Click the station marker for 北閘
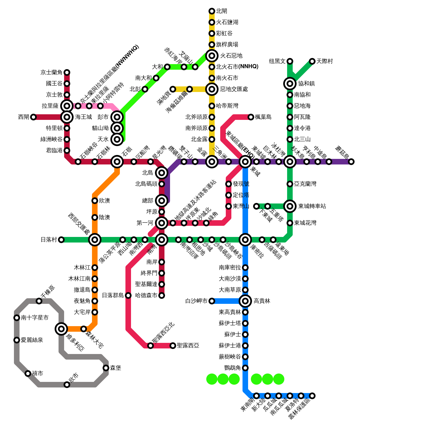point(212,11)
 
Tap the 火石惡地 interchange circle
point(212,56)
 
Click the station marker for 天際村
point(312,61)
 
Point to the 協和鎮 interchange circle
point(290,84)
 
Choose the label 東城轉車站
point(312,206)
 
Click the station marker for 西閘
point(33,117)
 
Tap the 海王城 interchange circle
point(67,117)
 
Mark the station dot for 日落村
point(61,240)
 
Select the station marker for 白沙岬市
point(212,301)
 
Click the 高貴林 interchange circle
point(245,301)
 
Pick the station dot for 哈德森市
point(162,295)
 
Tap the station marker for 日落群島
point(128,295)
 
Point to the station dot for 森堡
point(106,368)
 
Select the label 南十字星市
point(35,318)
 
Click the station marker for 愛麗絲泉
point(17,340)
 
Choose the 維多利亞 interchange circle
point(61,329)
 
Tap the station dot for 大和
point(167,67)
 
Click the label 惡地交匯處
point(234,89)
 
